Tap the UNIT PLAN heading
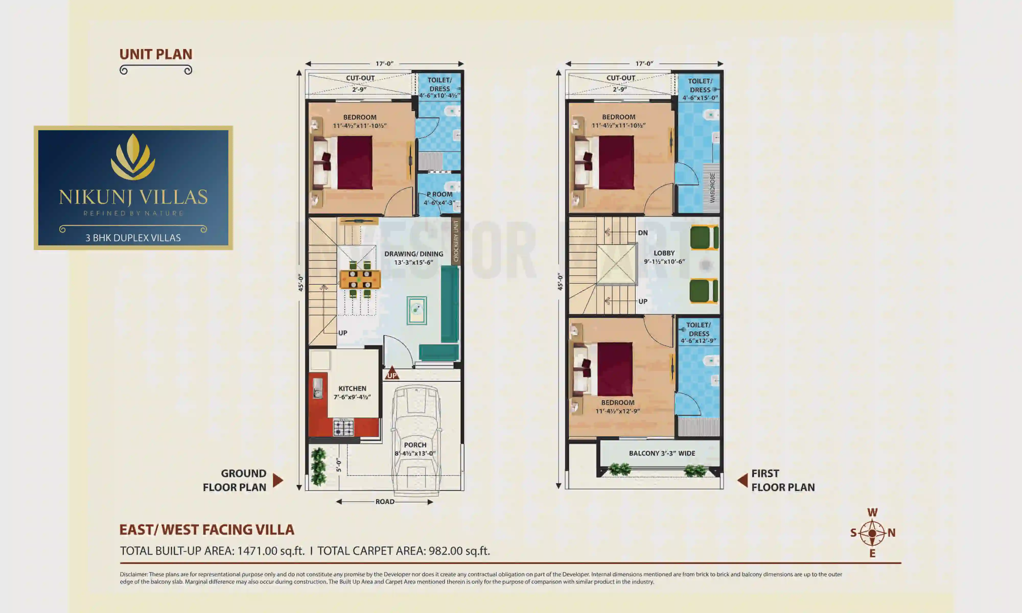pos(156,54)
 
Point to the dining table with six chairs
pos(360,279)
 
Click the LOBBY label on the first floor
pos(664,253)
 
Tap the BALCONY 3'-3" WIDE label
pos(662,453)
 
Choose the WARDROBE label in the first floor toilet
pos(712,188)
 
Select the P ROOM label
pos(439,194)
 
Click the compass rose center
pos(872,533)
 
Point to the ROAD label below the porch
pos(385,501)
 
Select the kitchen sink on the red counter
pos(317,388)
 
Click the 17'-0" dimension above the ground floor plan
pos(384,64)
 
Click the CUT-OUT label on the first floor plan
pos(620,78)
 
